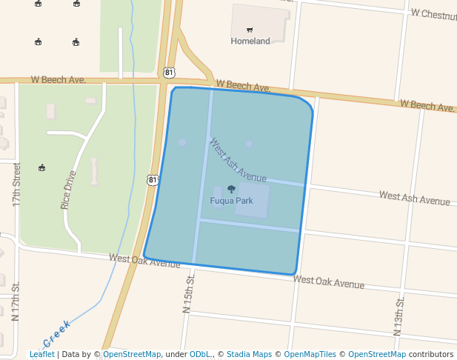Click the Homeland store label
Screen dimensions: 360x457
pyautogui.click(x=250, y=41)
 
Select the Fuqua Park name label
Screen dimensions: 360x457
pyautogui.click(x=231, y=201)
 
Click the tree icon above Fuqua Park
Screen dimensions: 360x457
pyautogui.click(x=231, y=190)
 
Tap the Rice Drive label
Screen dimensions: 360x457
pyautogui.click(x=69, y=190)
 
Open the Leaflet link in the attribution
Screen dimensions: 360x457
pyautogui.click(x=41, y=354)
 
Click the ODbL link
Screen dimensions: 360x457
pyautogui.click(x=201, y=354)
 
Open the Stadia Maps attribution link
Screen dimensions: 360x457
pyautogui.click(x=249, y=354)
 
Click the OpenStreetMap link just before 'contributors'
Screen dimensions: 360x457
pyautogui.click(x=377, y=354)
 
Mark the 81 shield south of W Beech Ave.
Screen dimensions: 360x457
pyautogui.click(x=153, y=179)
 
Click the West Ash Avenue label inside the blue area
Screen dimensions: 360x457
pyautogui.click(x=237, y=160)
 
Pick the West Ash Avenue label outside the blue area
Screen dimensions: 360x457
pyautogui.click(x=414, y=198)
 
